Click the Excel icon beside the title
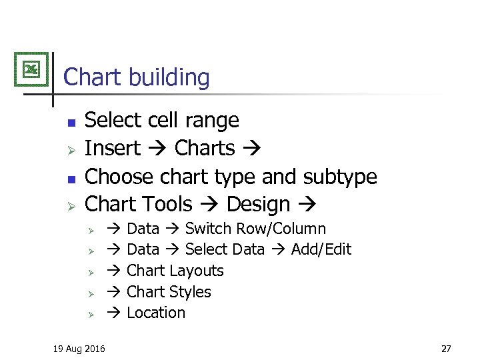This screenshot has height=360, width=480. [x=31, y=69]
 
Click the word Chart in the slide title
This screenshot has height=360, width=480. [x=93, y=77]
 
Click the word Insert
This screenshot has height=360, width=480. [x=113, y=148]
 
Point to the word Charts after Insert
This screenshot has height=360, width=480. [x=205, y=148]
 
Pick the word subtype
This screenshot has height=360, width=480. [x=340, y=177]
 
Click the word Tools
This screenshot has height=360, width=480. [x=167, y=204]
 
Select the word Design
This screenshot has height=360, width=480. [x=259, y=204]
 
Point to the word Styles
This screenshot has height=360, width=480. [x=190, y=292]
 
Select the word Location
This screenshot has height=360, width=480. [x=156, y=313]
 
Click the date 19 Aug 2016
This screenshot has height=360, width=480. [x=79, y=348]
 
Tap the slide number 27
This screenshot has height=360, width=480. [x=446, y=348]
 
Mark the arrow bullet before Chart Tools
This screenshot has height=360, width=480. [x=72, y=205]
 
